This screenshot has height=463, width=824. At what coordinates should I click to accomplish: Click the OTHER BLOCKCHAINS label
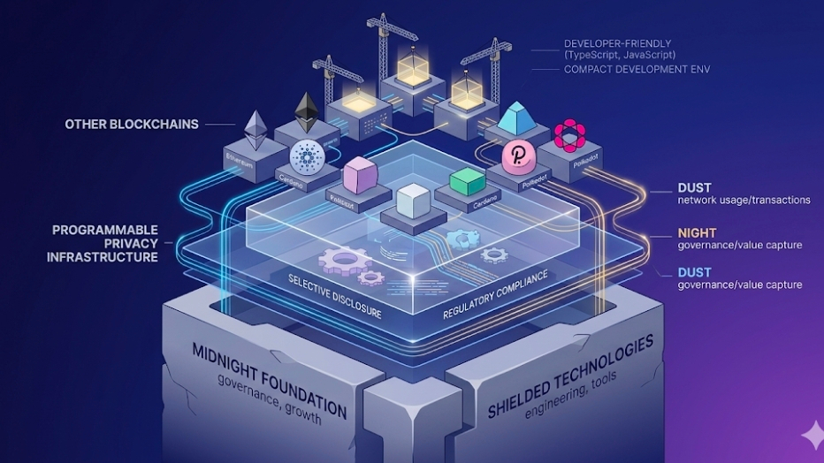point(131,124)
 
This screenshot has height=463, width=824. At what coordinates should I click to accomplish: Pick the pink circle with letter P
point(515,156)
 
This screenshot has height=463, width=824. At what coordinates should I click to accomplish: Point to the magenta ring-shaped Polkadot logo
point(570,135)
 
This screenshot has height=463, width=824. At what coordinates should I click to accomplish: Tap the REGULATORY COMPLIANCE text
point(494,293)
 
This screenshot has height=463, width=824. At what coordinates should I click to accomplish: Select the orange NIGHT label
point(697,232)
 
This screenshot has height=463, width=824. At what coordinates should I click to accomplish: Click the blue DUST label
point(695,272)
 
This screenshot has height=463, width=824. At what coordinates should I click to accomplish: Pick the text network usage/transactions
point(744,201)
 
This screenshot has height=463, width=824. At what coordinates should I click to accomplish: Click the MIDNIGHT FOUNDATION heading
point(269,378)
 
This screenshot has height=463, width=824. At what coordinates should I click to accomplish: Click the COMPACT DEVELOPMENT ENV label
point(637,69)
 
